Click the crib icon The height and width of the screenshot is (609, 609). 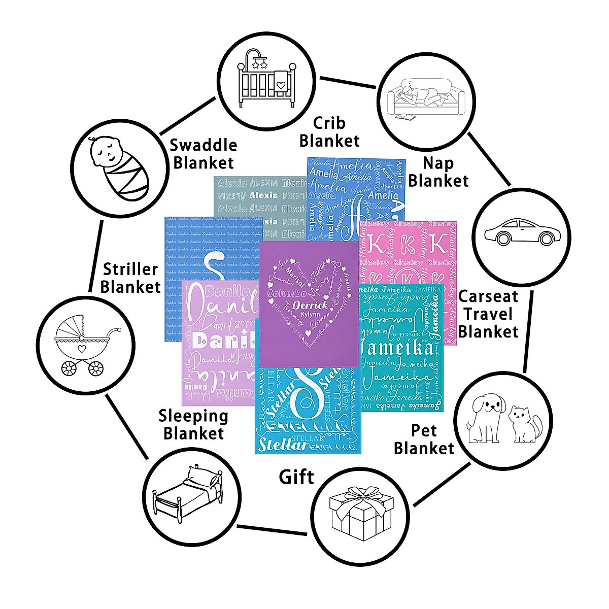(267, 78)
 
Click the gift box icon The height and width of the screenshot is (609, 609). (361, 513)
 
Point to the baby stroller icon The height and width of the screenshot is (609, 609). (86, 345)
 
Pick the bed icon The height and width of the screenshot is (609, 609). (188, 492)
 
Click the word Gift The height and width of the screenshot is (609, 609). (296, 477)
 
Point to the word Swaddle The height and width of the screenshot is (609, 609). (203, 145)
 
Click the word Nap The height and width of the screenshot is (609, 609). (438, 163)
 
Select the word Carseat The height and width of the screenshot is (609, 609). (488, 296)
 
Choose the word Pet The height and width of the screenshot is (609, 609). (424, 431)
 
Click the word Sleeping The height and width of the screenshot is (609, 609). (193, 416)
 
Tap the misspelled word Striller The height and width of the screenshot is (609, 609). (130, 269)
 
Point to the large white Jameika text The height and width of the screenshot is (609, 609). (396, 348)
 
